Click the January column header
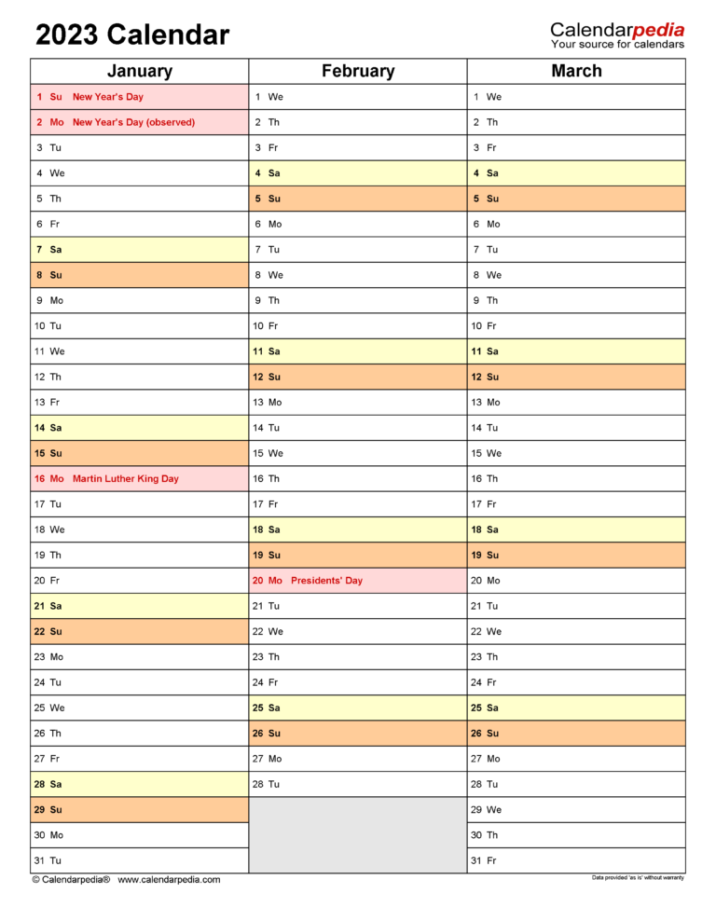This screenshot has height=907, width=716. click(x=139, y=71)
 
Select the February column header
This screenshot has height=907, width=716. click(x=358, y=71)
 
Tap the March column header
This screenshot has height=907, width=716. click(x=576, y=71)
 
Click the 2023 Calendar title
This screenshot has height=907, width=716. click(x=131, y=35)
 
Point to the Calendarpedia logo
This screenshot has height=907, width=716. click(x=617, y=30)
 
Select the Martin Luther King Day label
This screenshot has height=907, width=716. click(x=125, y=478)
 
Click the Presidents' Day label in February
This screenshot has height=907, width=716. click(x=326, y=580)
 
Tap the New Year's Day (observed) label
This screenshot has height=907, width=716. click(x=133, y=122)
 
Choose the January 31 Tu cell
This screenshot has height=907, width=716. click(x=139, y=860)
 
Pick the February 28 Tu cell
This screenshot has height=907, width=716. click(x=358, y=784)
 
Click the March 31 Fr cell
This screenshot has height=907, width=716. click(x=576, y=860)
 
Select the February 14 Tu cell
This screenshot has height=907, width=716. click(x=358, y=428)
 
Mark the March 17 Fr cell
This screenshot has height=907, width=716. click(x=576, y=504)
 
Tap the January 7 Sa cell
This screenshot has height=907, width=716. click(x=139, y=250)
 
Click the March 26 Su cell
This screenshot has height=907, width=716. click(x=576, y=734)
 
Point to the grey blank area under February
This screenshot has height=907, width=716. click(x=358, y=834)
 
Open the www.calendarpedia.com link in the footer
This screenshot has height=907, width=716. click(x=169, y=879)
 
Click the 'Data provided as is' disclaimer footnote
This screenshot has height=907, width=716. click(x=638, y=878)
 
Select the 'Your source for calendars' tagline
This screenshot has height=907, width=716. click(x=617, y=45)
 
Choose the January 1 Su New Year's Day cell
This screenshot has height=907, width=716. click(x=139, y=97)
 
